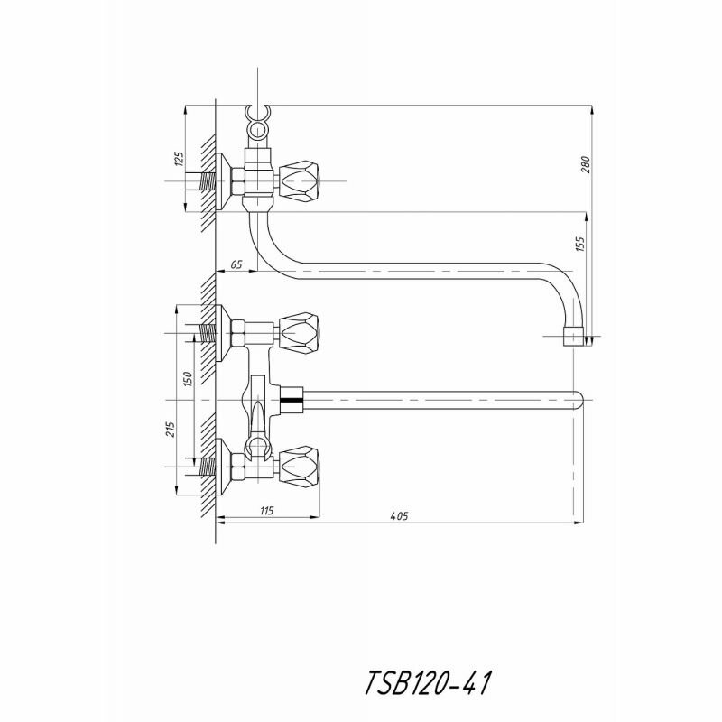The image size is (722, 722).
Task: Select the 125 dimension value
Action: click(x=179, y=161)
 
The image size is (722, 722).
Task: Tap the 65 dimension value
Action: click(x=236, y=264)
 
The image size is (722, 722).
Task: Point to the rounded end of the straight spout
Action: click(x=578, y=398)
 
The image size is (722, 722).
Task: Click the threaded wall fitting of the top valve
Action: click(x=209, y=183)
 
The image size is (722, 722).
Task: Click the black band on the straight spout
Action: click(x=292, y=398)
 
